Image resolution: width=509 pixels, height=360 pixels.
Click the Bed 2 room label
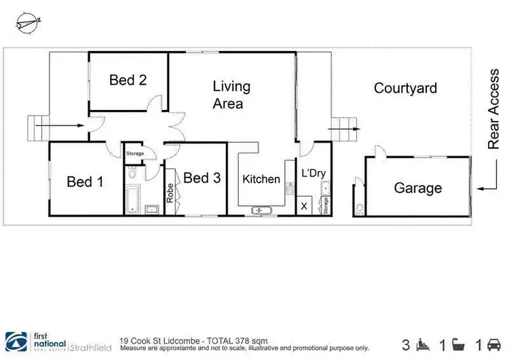point(128,80)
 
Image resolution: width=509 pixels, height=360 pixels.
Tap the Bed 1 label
point(85,181)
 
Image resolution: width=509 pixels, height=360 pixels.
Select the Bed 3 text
point(202,178)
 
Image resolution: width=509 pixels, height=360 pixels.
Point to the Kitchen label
point(261,179)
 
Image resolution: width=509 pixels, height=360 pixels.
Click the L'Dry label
point(314,173)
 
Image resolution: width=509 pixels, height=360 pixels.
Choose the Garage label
point(418,188)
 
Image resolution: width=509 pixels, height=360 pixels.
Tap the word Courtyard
point(405,88)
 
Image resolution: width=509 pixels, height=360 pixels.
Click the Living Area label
point(231,95)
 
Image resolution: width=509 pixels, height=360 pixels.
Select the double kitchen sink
point(261,211)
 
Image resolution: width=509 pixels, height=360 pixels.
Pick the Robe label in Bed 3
point(170,193)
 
